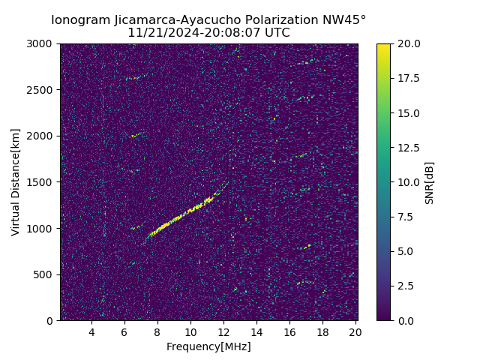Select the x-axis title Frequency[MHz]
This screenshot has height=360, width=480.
[208, 346]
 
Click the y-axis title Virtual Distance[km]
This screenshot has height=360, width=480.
[16, 182]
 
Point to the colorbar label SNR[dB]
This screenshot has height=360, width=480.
[430, 182]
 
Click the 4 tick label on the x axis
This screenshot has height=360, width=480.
[91, 331]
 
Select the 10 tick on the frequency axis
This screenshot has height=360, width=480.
[190, 331]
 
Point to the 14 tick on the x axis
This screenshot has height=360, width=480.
[256, 331]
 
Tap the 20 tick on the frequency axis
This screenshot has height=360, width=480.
[355, 331]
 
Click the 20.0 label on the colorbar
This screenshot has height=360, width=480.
[408, 43]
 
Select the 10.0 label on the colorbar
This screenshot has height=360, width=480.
[408, 182]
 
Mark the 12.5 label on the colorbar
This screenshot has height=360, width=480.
[408, 148]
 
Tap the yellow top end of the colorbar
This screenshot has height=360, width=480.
[383, 46]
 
